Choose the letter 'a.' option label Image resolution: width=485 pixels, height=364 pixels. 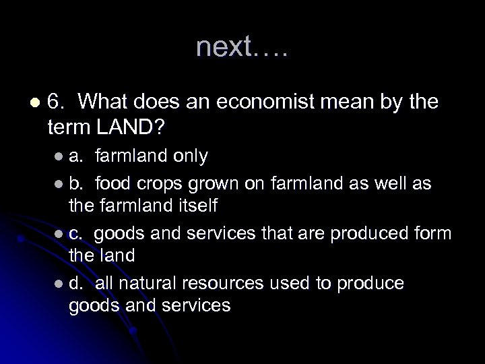pyautogui.click(x=77, y=157)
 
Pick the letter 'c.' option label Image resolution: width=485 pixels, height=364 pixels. pyautogui.click(x=77, y=234)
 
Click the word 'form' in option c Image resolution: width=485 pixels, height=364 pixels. pyautogui.click(x=435, y=234)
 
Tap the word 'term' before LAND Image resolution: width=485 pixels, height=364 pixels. pyautogui.click(x=70, y=126)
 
